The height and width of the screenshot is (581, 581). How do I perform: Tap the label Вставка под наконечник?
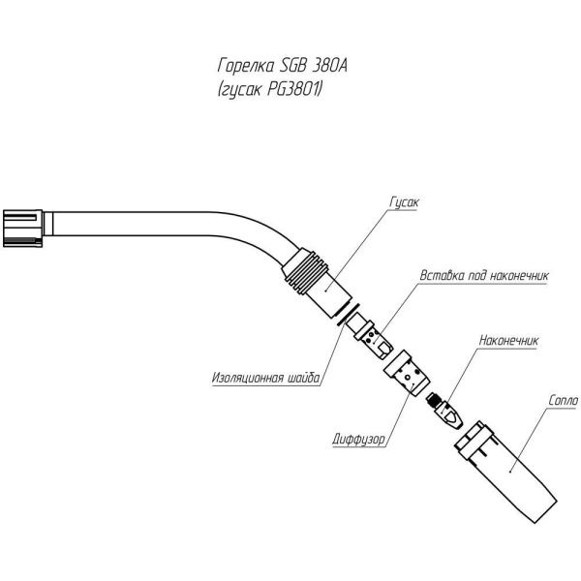(x=484, y=276)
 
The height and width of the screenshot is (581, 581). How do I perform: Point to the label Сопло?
(x=562, y=400)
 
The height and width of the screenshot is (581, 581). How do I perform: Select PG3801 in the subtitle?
(x=294, y=90)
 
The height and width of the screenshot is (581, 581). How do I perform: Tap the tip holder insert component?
(x=376, y=338)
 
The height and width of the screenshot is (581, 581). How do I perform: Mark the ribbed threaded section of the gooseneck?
(x=307, y=268)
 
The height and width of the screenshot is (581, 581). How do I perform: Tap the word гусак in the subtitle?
(x=244, y=90)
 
